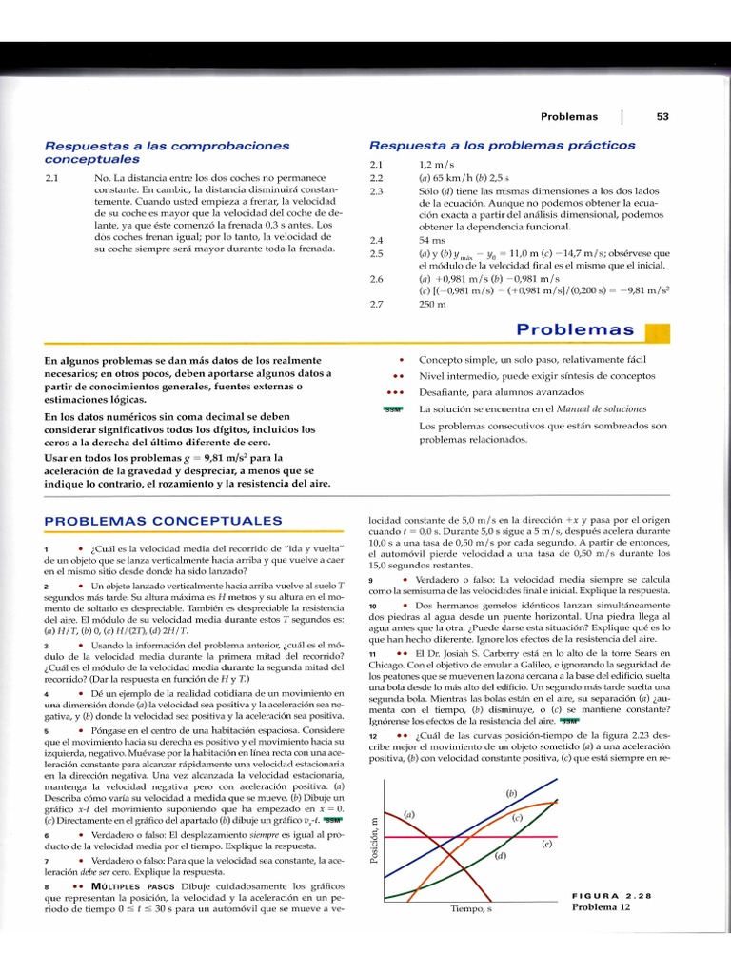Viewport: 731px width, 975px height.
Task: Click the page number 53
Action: (x=662, y=117)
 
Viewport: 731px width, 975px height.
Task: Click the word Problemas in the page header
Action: (x=569, y=117)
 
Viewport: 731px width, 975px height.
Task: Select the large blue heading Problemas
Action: (x=575, y=330)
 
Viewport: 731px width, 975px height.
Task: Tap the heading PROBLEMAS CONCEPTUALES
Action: (x=156, y=522)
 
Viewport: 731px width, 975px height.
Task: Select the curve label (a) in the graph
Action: (x=410, y=815)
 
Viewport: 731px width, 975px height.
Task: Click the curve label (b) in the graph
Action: (x=511, y=793)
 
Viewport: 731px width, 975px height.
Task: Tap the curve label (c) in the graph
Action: (x=518, y=818)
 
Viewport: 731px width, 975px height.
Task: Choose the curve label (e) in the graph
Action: (x=547, y=844)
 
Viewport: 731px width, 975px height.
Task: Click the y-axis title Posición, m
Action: (x=374, y=840)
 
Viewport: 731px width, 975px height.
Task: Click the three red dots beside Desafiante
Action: (x=395, y=392)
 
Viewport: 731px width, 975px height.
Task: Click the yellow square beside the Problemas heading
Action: (x=658, y=332)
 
